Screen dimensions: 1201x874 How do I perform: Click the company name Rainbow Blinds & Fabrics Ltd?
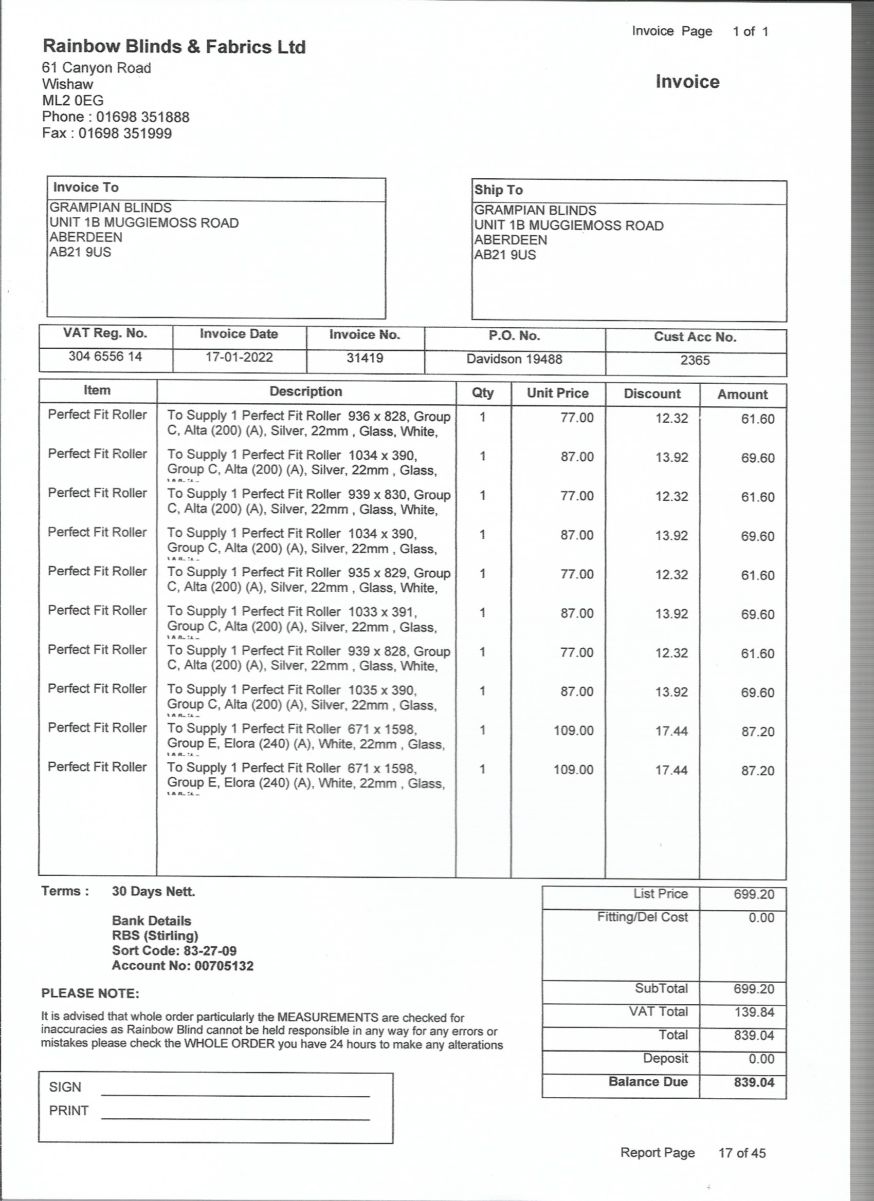[174, 47]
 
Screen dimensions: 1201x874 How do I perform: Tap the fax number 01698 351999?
[125, 133]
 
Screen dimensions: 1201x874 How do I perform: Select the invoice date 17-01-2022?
[239, 357]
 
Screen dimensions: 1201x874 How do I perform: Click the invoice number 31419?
[365, 358]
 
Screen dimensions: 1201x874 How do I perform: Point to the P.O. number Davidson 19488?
[514, 359]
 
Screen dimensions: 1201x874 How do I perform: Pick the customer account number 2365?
[695, 360]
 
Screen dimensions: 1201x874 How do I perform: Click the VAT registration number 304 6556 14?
[105, 356]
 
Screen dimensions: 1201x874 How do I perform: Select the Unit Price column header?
[558, 393]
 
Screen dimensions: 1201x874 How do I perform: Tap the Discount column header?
[652, 393]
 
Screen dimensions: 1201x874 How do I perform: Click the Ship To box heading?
[498, 190]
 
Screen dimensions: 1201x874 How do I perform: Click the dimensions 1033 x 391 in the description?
[381, 612]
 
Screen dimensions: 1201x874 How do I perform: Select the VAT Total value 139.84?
[754, 1012]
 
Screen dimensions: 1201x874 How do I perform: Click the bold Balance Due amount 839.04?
[754, 1082]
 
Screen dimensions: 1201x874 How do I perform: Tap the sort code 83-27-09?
[210, 950]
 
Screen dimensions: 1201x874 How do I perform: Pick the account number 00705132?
[224, 965]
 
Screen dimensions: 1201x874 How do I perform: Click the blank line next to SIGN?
[235, 1094]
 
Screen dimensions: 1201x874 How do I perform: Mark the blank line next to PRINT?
[235, 1118]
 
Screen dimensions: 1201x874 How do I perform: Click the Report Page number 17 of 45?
[741, 1153]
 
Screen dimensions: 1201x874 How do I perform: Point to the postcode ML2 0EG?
[72, 100]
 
